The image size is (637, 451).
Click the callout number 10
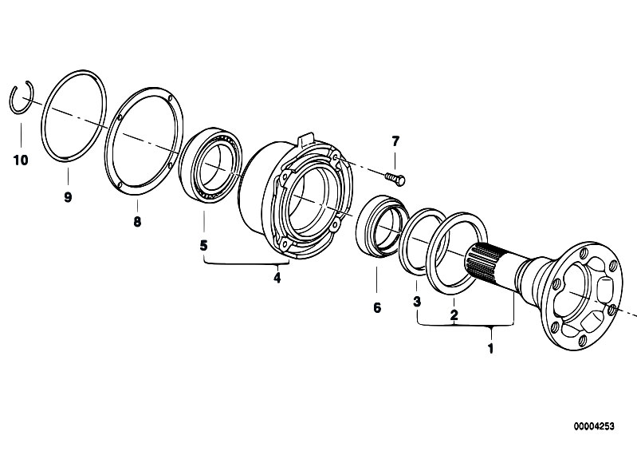(x=21, y=160)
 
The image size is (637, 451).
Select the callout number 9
(x=68, y=197)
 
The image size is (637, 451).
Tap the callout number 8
(x=137, y=222)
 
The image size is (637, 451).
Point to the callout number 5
(x=203, y=245)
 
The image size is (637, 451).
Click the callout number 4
(x=277, y=278)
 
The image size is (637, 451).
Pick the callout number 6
(x=377, y=308)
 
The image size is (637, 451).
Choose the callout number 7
(x=395, y=141)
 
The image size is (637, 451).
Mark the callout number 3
(x=417, y=302)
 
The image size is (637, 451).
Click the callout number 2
(x=454, y=314)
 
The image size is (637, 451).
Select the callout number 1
(x=491, y=349)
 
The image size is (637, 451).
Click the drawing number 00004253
(x=594, y=426)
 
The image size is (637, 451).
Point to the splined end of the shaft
(x=482, y=263)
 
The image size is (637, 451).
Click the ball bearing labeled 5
(x=210, y=164)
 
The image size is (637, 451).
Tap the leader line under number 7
(x=395, y=160)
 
